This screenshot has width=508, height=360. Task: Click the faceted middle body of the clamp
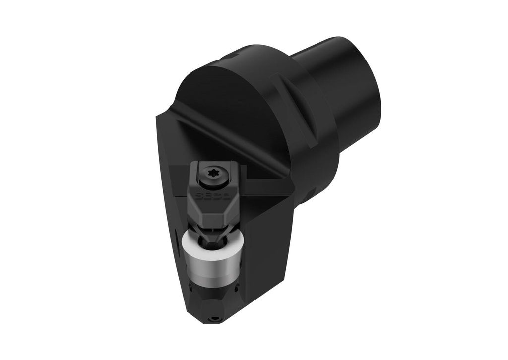(213, 208)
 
